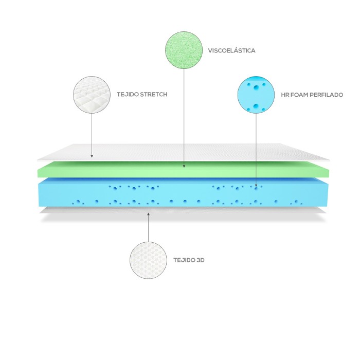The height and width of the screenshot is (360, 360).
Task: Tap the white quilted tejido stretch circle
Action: (92, 95)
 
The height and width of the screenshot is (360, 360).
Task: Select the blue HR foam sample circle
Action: (256, 95)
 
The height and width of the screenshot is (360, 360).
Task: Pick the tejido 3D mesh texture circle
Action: (148, 260)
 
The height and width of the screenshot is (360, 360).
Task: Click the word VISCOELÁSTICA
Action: (231, 51)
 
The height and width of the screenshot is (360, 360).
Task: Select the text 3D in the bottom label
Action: (201, 260)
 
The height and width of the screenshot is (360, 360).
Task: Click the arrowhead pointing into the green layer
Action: (184, 166)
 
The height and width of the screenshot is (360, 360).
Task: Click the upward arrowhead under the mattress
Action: (148, 214)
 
